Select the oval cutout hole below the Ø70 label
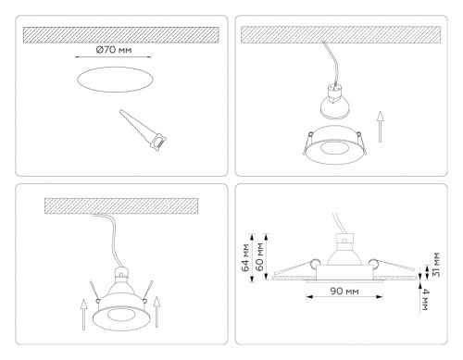coord(113,82)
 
